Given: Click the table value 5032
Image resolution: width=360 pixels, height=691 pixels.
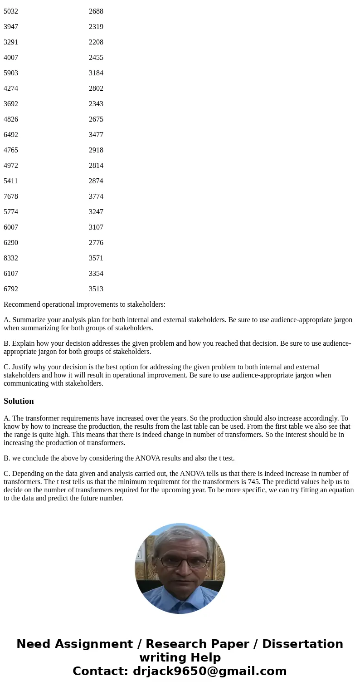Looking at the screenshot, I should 11,11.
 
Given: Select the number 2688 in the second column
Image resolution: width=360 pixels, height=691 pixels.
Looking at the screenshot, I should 96,11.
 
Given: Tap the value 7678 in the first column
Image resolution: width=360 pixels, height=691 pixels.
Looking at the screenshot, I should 11,196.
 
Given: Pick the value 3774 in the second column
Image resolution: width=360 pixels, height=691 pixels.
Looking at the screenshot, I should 96,196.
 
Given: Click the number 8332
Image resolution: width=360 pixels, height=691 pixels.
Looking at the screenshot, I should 11,258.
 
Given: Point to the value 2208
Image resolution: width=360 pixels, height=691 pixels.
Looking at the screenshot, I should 96,42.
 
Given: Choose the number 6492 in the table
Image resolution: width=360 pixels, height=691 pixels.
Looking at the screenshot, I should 11,135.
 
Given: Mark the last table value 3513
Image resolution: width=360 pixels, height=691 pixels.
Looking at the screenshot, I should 96,289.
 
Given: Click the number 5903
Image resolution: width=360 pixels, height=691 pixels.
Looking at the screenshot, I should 11,73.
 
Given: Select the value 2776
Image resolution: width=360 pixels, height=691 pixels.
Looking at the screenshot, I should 96,243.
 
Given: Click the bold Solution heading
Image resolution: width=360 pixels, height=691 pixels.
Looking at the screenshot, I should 19,401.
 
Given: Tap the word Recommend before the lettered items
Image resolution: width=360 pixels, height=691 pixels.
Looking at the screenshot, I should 19,304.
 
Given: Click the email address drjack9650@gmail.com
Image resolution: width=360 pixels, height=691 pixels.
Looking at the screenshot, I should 210,671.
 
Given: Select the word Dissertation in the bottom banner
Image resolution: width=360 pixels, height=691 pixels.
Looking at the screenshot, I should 302,644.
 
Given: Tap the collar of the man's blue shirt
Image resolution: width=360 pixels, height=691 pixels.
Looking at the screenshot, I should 179,598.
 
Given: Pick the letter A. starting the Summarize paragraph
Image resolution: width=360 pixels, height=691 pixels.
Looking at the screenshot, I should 7,320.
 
